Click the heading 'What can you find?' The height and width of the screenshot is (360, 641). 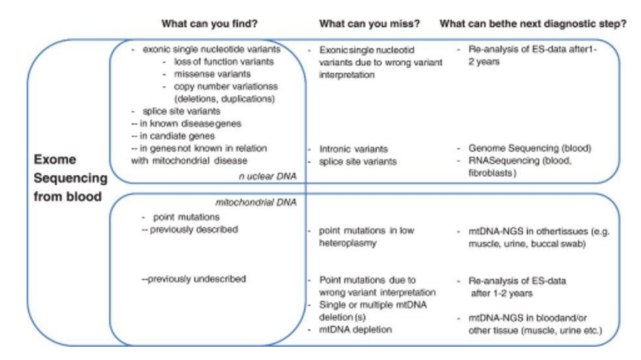pos(209,24)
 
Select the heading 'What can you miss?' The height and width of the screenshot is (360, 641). pos(369,24)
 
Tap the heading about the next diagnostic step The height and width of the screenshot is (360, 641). pos(533,24)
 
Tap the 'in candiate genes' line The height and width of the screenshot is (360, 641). pos(176,136)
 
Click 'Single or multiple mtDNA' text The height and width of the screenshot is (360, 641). pos(367,304)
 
